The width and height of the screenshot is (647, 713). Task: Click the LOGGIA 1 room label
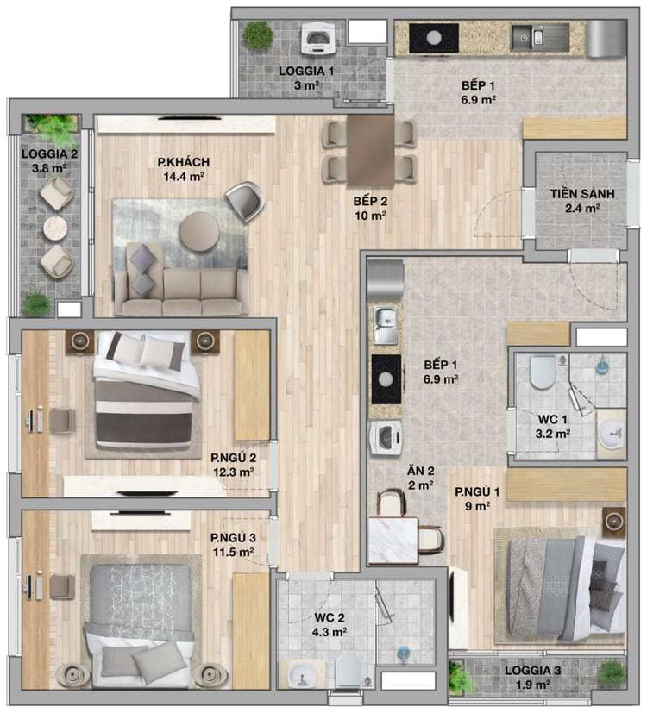[x=306, y=71]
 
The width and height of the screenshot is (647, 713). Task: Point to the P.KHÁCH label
[x=184, y=162]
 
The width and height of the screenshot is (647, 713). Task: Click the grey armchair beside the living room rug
[x=245, y=201]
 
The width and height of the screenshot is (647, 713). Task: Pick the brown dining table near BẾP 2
[x=370, y=151]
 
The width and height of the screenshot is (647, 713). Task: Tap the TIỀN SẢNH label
[x=582, y=194]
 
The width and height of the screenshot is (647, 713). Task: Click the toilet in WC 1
[x=543, y=371]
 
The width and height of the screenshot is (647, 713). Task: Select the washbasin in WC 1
[x=611, y=433]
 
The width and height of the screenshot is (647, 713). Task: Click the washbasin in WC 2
[x=299, y=674]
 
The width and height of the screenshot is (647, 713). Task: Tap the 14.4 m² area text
[x=184, y=177]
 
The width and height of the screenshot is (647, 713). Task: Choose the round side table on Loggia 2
[x=56, y=228]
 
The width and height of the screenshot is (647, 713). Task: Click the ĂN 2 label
[x=420, y=471]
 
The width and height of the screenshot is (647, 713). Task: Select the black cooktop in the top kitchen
[x=434, y=38]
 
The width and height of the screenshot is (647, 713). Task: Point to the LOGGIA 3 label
[x=532, y=670]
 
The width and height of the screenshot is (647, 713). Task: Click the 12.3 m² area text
[x=234, y=472]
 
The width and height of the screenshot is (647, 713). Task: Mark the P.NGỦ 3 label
[x=233, y=538]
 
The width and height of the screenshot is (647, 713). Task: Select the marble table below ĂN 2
[x=393, y=541]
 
